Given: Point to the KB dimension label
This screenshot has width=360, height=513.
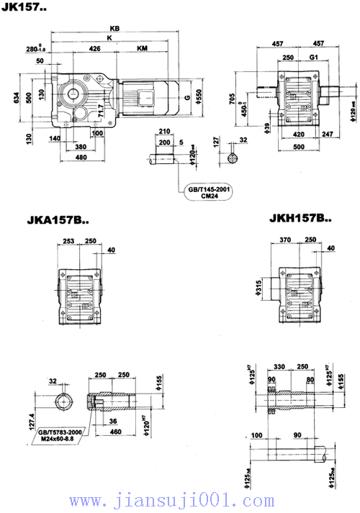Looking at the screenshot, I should tap(114, 27).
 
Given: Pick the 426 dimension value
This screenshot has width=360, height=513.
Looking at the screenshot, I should tap(94, 49).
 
